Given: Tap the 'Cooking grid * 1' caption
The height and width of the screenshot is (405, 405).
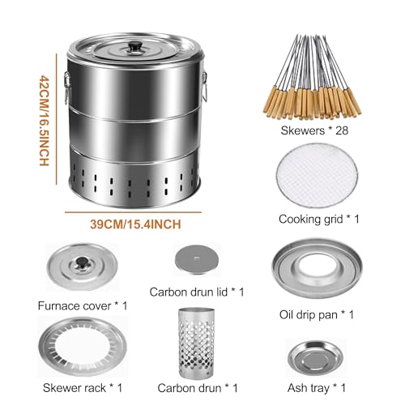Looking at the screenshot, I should click(320, 219).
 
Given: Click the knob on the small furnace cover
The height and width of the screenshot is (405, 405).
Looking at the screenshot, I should click(82, 261).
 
